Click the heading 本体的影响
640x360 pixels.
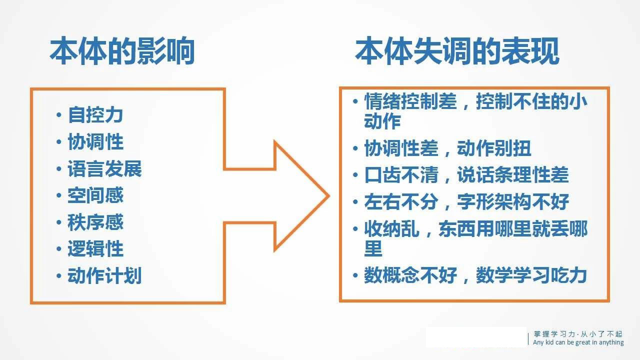pos(122,51)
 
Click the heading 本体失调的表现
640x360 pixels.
pos(457,51)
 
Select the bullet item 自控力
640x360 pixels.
pos(95,115)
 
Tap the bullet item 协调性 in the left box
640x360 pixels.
pos(95,141)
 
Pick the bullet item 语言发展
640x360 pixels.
pos(104,168)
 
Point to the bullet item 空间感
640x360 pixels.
pos(95,195)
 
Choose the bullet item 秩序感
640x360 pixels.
pos(95,222)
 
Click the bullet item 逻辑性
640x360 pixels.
pos(95,249)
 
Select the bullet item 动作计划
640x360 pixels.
pos(104,275)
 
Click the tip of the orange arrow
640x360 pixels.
pos(329,196)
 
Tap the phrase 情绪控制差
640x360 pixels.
pos(410,101)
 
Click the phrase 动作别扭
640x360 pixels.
pos(494,148)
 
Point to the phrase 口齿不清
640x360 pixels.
pos(401,175)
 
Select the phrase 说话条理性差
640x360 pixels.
pos(513,175)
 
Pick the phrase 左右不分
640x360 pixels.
pos(401,201)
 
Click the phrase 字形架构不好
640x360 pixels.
pos(513,201)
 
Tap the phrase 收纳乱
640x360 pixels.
pos(391,228)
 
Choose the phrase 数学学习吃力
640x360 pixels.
pos(531,275)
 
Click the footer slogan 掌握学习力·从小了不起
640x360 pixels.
pos(577,334)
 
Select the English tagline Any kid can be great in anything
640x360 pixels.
pos(578,342)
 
